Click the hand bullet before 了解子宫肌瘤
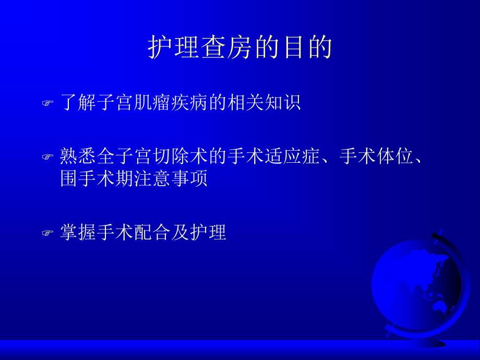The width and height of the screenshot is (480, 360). point(47,103)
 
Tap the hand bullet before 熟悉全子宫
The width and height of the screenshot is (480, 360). point(47,156)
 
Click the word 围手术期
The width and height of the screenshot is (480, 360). point(97,178)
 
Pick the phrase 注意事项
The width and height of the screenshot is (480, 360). point(170,178)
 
